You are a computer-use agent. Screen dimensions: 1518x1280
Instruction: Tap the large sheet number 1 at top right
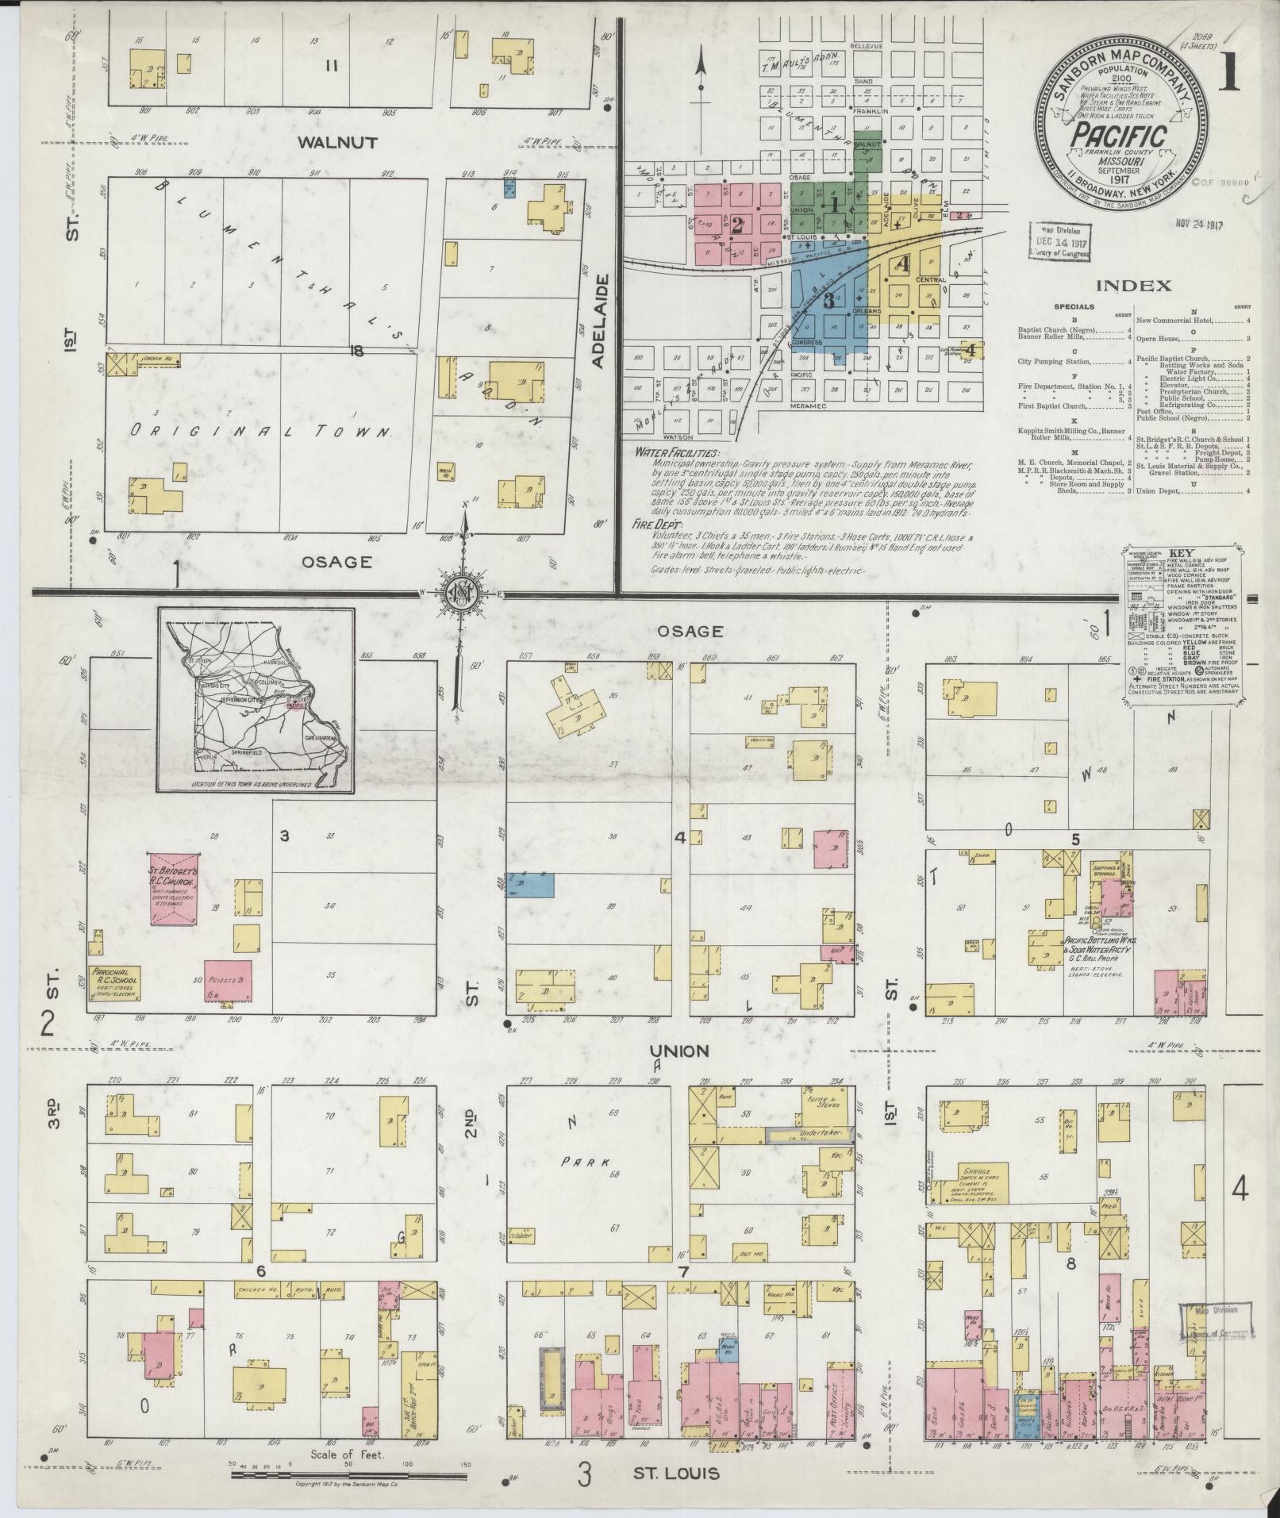[1232, 73]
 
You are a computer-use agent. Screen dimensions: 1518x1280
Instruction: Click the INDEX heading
[1135, 286]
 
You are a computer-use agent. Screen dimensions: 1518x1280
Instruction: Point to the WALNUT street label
[338, 143]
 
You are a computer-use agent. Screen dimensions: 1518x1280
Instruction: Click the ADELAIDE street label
[600, 321]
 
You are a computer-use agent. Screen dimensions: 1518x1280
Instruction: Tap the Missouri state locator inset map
[256, 699]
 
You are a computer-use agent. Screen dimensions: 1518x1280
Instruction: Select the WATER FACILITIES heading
[677, 452]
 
